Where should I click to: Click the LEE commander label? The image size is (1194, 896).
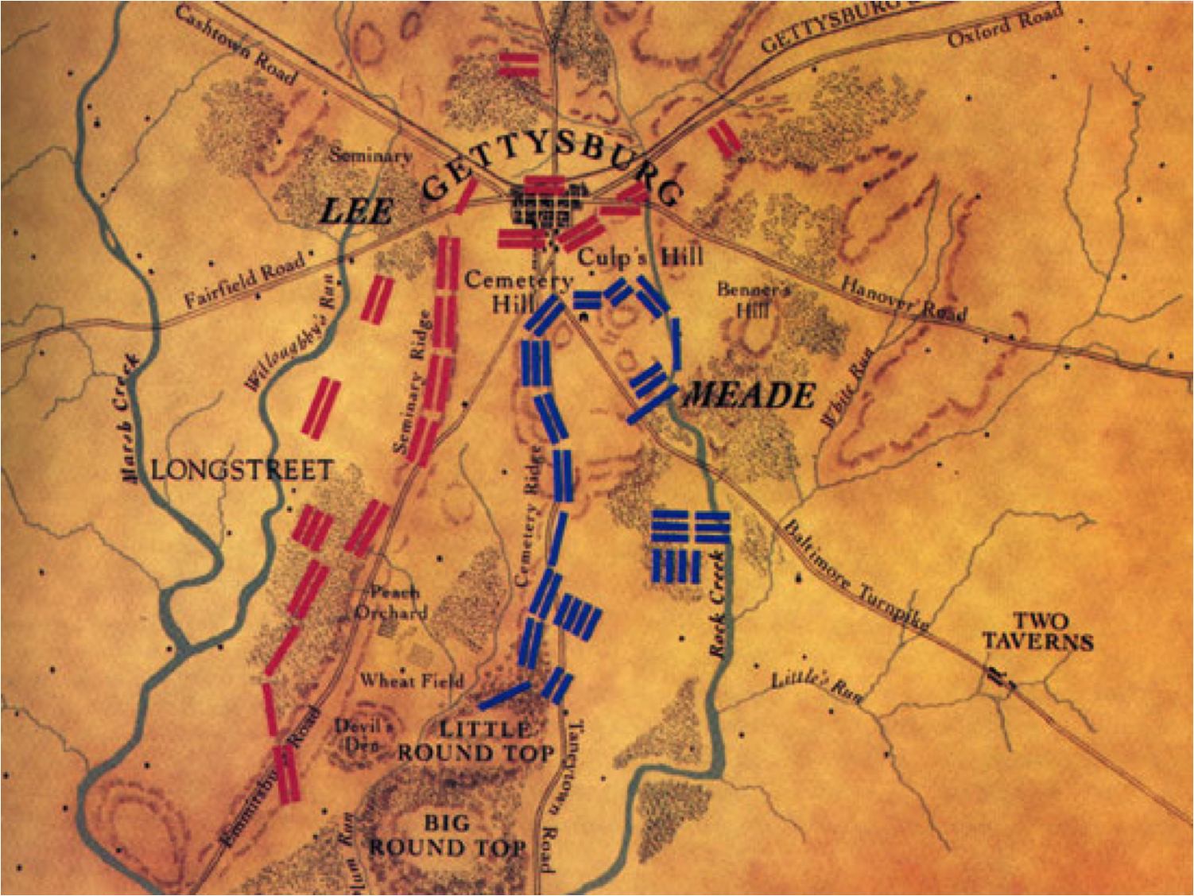coord(356,211)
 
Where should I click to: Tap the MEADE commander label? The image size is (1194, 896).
coord(750,395)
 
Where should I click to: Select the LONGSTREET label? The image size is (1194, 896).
coord(241,470)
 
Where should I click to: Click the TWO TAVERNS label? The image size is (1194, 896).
coord(1037,632)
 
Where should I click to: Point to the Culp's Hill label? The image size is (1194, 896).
coord(640,257)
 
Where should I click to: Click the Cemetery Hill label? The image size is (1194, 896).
coord(518,292)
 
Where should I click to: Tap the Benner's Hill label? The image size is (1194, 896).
coord(752,299)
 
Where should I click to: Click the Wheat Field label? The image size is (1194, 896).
coord(411,681)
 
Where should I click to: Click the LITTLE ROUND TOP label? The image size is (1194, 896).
coord(475,741)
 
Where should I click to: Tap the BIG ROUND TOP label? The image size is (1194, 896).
coord(447,836)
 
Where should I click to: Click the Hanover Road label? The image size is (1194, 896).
coord(904,298)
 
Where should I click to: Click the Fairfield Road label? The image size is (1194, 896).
coord(245,280)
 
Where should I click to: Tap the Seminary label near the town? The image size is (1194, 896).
coord(370,155)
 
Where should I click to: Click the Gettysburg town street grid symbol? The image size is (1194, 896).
coord(548,207)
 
